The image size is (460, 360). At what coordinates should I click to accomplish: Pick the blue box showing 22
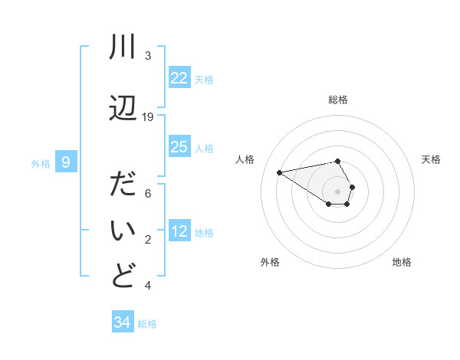[x=179, y=78]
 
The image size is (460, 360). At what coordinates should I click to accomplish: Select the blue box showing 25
[x=179, y=147]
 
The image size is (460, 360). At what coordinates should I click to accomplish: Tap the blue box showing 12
[x=179, y=231]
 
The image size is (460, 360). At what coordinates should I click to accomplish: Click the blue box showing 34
[x=123, y=322]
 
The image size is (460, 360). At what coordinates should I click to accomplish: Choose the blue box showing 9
[x=66, y=162]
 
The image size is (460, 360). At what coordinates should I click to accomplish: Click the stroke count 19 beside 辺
[x=148, y=117]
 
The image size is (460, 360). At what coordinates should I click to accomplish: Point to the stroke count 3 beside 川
[x=148, y=56]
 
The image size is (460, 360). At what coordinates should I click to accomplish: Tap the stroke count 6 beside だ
[x=148, y=194]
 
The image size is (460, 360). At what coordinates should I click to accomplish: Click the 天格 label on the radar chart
[x=431, y=159]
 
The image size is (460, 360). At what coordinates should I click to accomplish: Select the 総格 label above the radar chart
[x=337, y=100]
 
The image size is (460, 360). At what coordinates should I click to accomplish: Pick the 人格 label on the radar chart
[x=245, y=159]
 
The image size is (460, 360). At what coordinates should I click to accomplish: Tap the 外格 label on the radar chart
[x=270, y=262]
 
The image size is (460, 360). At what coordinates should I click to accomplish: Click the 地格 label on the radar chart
[x=402, y=262]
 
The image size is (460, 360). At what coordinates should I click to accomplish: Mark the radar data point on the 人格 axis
[x=279, y=172]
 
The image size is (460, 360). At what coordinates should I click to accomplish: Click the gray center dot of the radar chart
[x=337, y=191]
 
